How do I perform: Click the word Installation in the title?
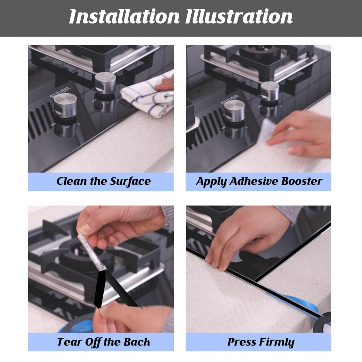(x=124, y=16)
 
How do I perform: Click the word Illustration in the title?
(x=239, y=16)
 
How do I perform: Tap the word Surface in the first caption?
(x=130, y=182)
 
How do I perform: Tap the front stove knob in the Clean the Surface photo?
(x=65, y=105)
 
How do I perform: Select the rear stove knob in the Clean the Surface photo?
(x=105, y=83)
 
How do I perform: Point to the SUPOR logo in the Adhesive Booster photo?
(x=230, y=100)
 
